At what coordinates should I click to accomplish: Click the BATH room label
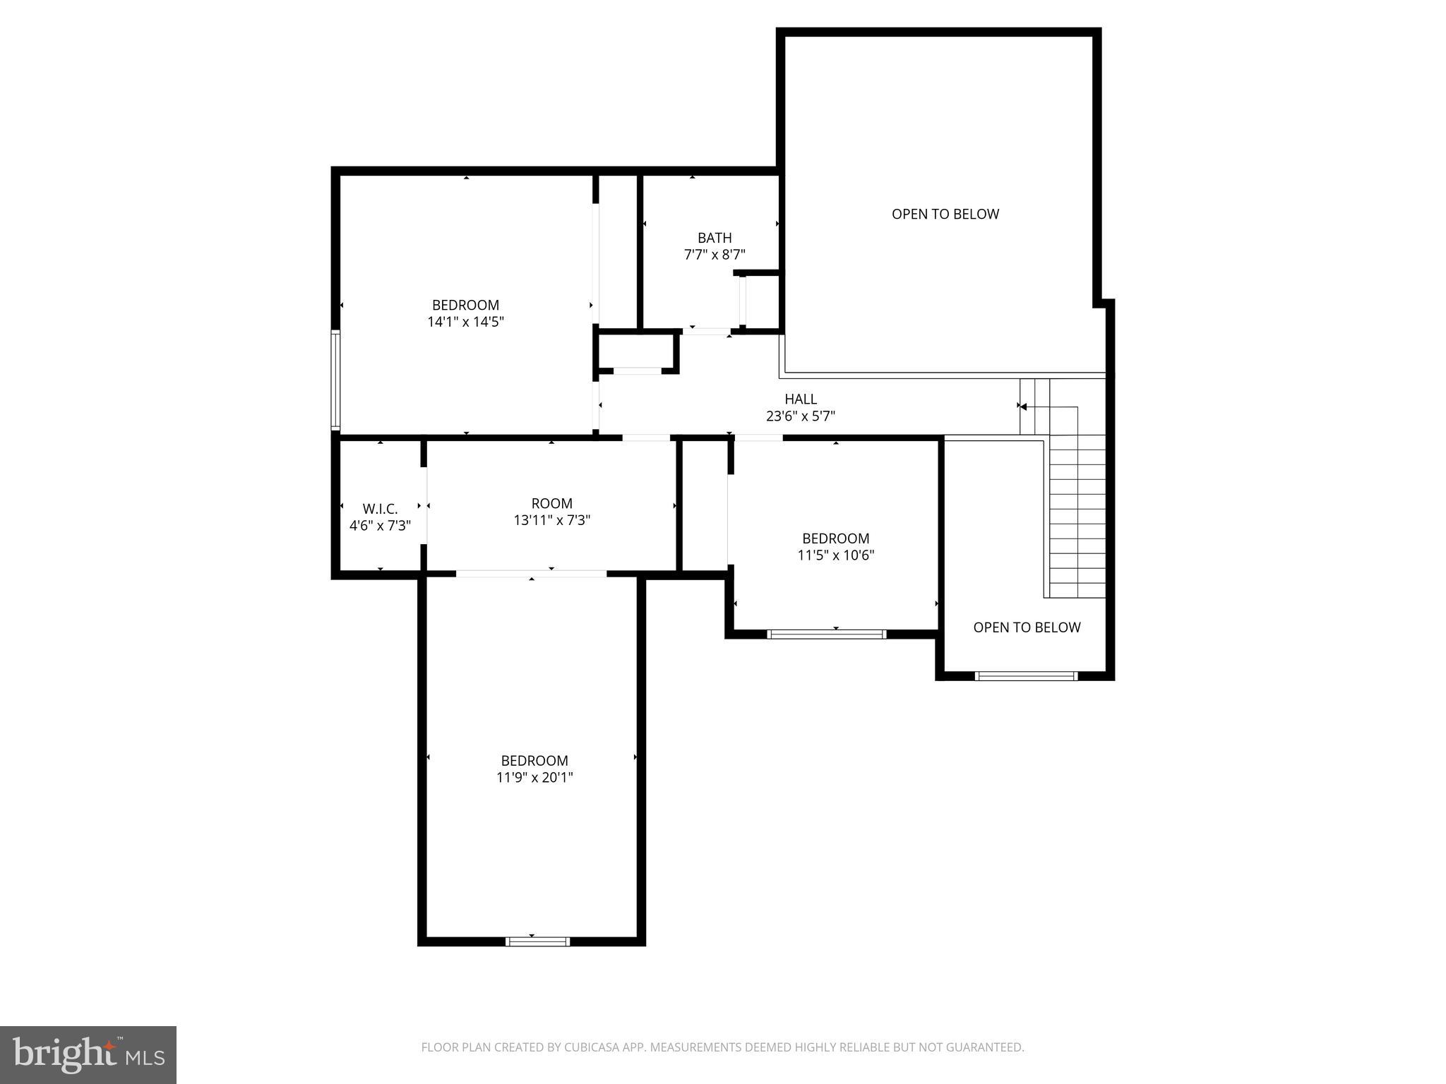[715, 238]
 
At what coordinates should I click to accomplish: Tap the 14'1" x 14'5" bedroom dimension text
[465, 323]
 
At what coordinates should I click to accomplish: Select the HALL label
[800, 399]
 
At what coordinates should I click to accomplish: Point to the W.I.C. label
[380, 509]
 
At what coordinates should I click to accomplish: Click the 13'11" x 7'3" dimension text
[551, 521]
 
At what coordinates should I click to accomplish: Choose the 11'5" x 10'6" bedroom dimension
[835, 555]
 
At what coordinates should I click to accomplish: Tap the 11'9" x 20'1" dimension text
[534, 778]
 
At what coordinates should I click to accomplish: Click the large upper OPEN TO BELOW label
[945, 214]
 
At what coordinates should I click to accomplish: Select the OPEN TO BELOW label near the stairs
[1026, 627]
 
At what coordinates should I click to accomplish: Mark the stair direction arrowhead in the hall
[1023, 406]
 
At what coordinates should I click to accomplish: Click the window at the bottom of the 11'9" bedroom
[538, 941]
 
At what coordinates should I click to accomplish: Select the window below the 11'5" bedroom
[826, 634]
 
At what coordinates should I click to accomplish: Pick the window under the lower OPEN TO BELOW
[1026, 676]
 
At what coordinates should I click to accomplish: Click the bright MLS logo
[88, 1055]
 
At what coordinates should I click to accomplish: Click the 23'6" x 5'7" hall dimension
[800, 416]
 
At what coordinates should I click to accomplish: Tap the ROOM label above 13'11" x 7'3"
[551, 503]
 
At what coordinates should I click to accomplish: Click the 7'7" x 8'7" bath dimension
[715, 255]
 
